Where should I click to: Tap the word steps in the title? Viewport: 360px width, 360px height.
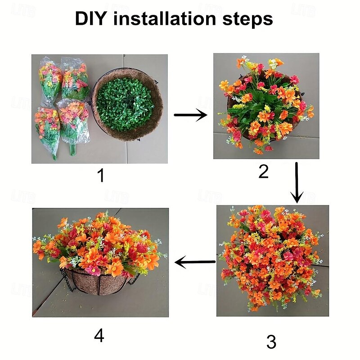coord(247,19)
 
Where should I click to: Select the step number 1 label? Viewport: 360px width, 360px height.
coord(101,175)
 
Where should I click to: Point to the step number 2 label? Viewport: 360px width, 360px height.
coord(263,171)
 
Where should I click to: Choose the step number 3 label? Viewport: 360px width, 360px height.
coord(271,342)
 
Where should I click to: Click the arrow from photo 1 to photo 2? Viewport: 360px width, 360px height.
coord(190,115)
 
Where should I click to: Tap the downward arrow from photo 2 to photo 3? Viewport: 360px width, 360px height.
coord(297,183)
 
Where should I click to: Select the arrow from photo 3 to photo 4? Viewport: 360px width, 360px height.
coord(195,262)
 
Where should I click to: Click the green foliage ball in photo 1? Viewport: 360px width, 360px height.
coord(125,105)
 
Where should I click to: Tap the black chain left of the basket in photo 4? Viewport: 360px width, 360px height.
coord(67,281)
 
